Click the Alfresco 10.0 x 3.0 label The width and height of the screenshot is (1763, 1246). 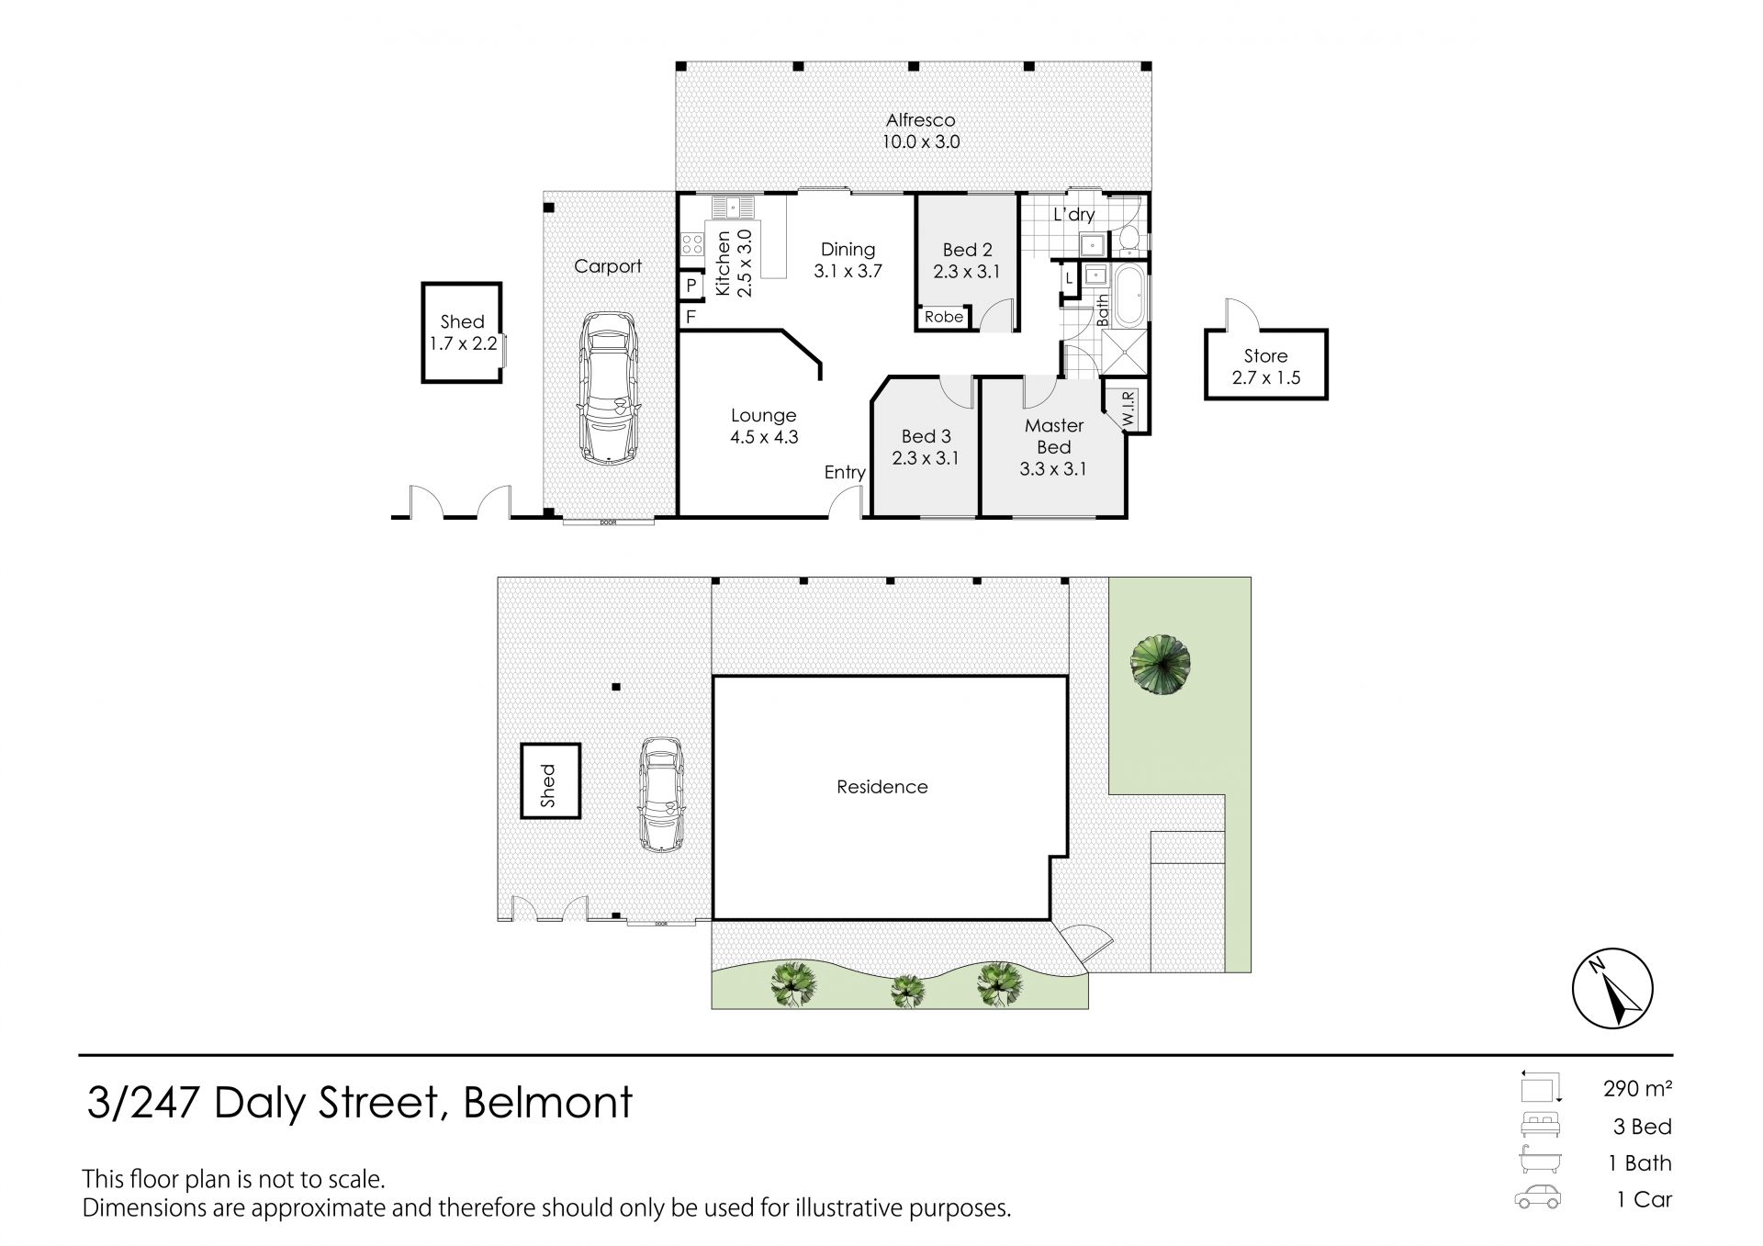click(x=921, y=130)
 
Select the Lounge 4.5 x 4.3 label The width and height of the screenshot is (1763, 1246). click(x=764, y=426)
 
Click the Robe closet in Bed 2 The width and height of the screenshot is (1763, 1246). click(x=944, y=317)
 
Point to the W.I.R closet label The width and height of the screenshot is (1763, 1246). click(x=1129, y=409)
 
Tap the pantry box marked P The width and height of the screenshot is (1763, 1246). click(x=691, y=286)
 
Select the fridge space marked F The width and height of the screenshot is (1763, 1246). click(x=691, y=317)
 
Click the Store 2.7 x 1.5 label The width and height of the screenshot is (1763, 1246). click(x=1266, y=366)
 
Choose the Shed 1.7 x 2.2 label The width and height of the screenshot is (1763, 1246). click(x=463, y=332)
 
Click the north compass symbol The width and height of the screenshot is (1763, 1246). click(x=1612, y=989)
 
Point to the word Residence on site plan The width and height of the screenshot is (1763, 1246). click(x=882, y=787)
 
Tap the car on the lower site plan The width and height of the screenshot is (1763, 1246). click(x=662, y=795)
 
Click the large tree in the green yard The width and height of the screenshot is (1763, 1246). click(x=1161, y=666)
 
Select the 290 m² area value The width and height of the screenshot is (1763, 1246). click(x=1638, y=1089)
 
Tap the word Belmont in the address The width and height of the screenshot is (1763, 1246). click(x=548, y=1102)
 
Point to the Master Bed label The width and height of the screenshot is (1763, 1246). click(x=1054, y=436)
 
